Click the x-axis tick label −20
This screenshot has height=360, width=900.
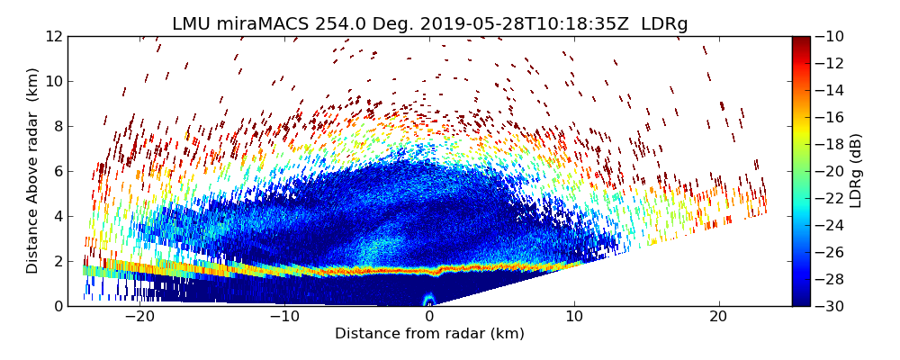pos(139,317)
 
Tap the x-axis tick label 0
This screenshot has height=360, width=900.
pos(429,317)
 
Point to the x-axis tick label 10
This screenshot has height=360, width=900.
pos(574,317)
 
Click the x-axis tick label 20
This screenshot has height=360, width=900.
pos(719,317)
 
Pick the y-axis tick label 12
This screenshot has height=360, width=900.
pos(53,36)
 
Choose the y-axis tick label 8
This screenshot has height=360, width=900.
pos(57,126)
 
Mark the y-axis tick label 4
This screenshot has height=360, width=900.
pos(57,216)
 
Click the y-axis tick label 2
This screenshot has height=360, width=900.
pos(57,261)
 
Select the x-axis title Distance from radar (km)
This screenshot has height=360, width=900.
pos(429,334)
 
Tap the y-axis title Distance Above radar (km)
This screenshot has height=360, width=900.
pos(32,171)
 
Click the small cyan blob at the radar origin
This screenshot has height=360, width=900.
pos(428,300)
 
